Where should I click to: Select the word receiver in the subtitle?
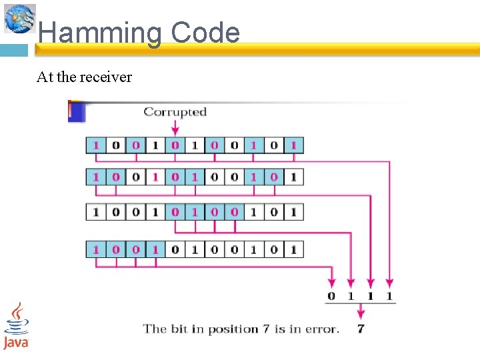106,77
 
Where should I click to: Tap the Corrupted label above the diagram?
175,112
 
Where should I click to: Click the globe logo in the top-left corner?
20,18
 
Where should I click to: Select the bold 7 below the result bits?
361,328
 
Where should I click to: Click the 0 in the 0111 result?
332,295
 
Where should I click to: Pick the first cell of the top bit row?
96,145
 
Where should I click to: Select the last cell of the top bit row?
294,145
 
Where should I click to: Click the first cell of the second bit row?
96,177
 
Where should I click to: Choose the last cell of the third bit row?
294,212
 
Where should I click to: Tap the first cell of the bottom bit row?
96,249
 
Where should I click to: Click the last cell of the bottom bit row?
294,249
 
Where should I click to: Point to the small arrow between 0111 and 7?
361,311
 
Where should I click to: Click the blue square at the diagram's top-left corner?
77,111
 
